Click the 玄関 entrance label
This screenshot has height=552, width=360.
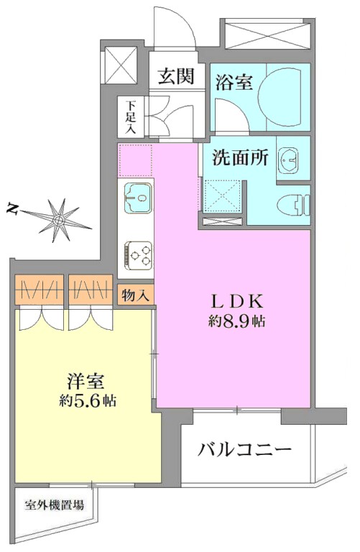pos(176,76)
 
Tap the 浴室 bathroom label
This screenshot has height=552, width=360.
pos(234,83)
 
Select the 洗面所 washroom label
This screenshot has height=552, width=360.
pos(240,157)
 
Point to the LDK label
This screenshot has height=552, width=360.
pos(237,301)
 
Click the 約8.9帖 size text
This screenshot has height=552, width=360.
pos(237,321)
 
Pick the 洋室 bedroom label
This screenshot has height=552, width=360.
pos(86,382)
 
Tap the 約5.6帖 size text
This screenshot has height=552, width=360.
pos(88,400)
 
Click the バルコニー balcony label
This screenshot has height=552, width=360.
pos(245,449)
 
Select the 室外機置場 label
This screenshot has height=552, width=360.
pos(55,505)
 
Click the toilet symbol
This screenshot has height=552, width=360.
pos(293,206)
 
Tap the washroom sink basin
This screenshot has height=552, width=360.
pos(289,160)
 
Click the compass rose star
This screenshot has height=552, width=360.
pos(58,221)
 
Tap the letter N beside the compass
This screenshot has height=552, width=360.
pos(12,209)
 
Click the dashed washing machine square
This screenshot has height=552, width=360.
pos(223,195)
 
